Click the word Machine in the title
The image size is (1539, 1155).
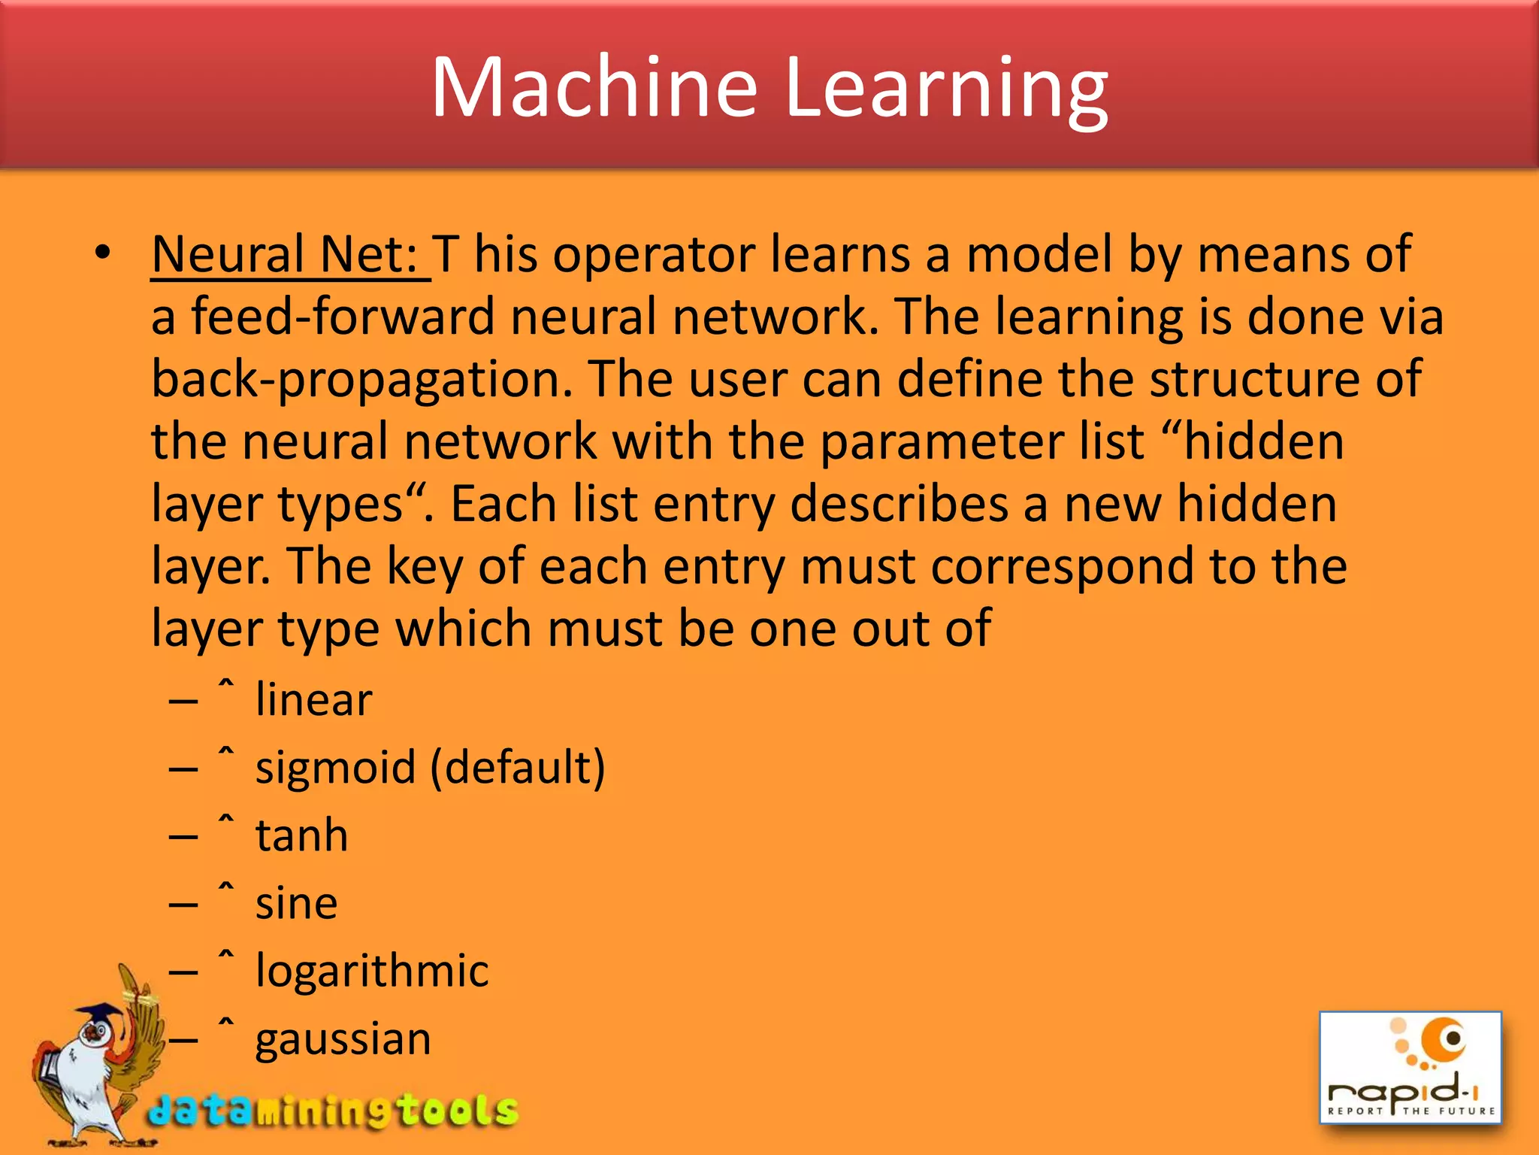click(594, 88)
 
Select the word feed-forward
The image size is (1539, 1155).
click(342, 317)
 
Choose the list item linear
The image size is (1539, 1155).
click(313, 699)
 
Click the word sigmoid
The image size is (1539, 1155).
click(335, 768)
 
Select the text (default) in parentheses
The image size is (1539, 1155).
click(518, 768)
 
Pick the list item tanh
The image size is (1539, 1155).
click(301, 835)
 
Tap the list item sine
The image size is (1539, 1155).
click(296, 903)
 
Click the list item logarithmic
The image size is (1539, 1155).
click(372, 971)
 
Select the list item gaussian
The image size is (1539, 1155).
click(343, 1039)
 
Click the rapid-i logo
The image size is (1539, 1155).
click(1410, 1068)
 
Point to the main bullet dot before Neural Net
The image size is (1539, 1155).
click(103, 253)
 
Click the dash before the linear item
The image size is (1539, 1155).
click(183, 702)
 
